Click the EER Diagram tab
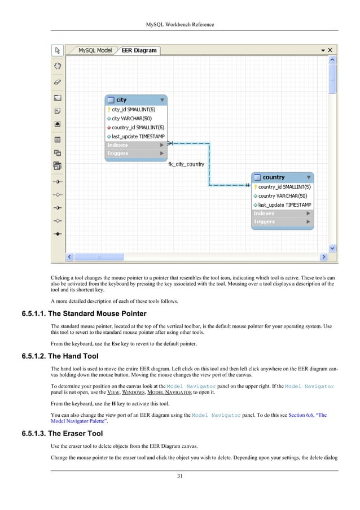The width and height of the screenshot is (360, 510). click(139, 50)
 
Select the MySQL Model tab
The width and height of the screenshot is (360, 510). click(94, 50)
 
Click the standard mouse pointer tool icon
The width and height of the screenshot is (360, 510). click(57, 51)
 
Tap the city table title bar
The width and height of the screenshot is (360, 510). click(136, 100)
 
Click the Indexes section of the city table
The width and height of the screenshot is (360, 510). click(136, 145)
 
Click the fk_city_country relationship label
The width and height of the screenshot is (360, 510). click(186, 164)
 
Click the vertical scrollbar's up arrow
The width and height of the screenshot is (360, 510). click(332, 59)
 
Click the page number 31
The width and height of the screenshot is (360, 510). click(179, 476)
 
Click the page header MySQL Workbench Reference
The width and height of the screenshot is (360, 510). click(179, 24)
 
